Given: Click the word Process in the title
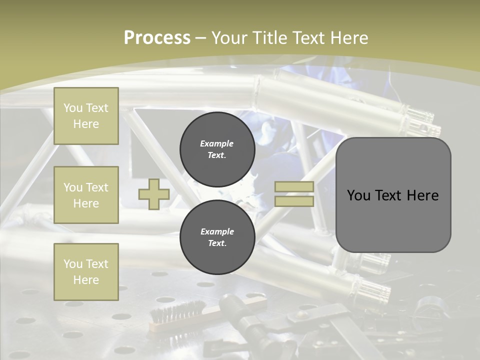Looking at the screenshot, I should click(x=157, y=38).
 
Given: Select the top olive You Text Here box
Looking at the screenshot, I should click(x=86, y=116).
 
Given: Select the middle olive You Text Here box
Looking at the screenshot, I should click(x=86, y=195).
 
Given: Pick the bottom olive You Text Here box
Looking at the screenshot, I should click(x=86, y=271).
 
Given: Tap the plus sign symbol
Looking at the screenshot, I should click(x=153, y=194).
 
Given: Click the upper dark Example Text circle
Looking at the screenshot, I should click(x=217, y=149).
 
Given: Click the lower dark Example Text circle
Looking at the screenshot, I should click(x=217, y=237).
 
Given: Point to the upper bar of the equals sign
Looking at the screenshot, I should click(x=294, y=186).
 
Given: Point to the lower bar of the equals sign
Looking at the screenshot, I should click(x=294, y=201).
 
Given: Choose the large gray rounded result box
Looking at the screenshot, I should click(x=393, y=195).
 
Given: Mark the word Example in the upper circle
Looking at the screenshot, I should click(x=217, y=143).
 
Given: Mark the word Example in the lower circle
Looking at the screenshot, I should click(x=217, y=231).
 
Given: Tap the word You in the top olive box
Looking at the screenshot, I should click(x=72, y=108).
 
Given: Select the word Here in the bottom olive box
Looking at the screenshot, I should click(x=86, y=280).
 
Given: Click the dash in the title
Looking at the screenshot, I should click(x=201, y=38).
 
